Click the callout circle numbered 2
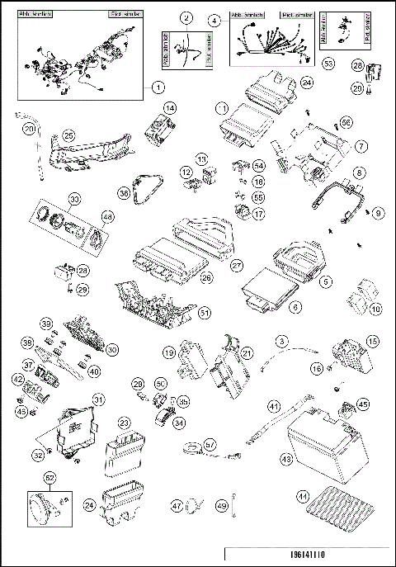pos(187,18)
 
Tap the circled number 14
pos(170,108)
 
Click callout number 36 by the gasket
pos(124,192)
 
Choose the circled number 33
pos(74,199)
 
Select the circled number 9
pos(379,212)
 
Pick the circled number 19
pos(168,352)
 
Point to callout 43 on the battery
pos(286,459)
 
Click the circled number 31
pos(98,399)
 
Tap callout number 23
pos(125,421)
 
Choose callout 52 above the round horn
pos(50,477)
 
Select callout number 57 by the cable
pos(210,444)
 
